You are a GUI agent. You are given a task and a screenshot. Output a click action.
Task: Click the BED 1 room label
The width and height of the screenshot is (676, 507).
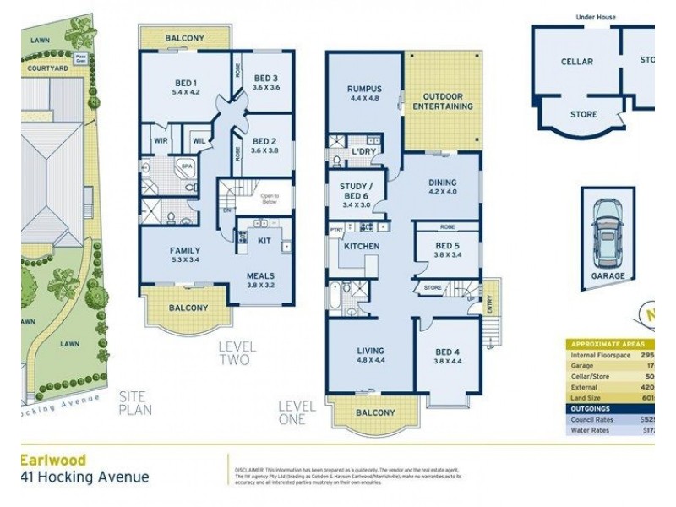[185, 81]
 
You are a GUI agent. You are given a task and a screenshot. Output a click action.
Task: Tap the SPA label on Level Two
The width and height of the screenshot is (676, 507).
[187, 166]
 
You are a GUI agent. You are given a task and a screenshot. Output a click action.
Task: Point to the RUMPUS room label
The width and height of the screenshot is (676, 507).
[364, 88]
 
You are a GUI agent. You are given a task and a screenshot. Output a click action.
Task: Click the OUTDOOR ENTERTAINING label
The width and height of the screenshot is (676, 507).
[442, 101]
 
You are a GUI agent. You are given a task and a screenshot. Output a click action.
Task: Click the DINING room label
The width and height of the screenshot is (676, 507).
[443, 182]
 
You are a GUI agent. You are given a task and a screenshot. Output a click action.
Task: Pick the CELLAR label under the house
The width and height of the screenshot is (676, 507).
[576, 62]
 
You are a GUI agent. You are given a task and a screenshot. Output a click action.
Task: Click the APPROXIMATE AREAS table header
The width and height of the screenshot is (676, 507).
[607, 344]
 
